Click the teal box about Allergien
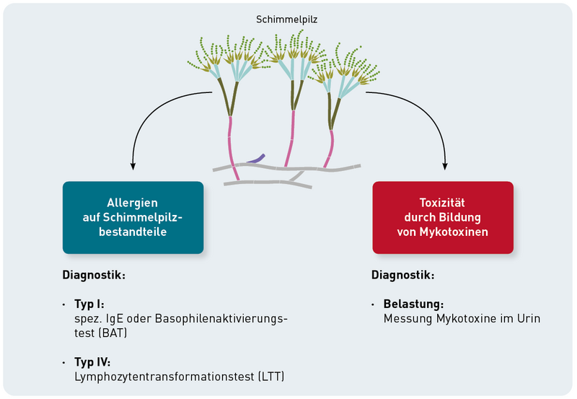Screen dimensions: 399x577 tap(133, 217)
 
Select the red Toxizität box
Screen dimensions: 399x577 tap(443, 217)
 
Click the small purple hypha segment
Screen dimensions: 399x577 tap(255, 159)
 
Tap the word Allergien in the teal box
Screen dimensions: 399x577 tap(133, 203)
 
